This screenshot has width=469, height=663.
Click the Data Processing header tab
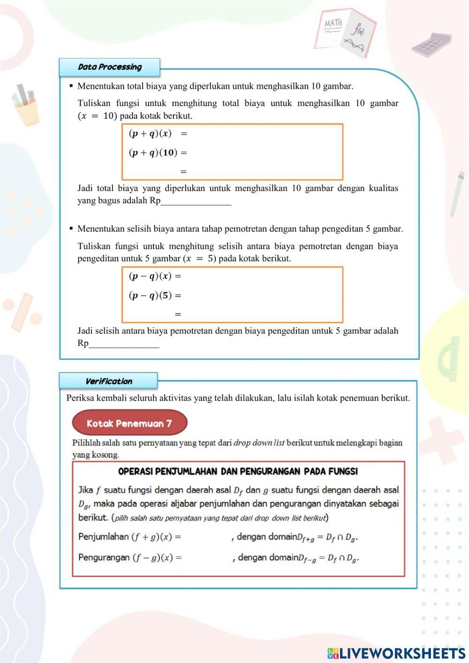[x=109, y=67]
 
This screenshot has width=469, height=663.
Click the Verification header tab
[x=108, y=381]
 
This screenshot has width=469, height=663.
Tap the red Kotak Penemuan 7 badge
[x=129, y=423]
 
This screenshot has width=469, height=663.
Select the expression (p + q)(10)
[x=153, y=152]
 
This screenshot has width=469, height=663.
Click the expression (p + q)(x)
[x=150, y=134]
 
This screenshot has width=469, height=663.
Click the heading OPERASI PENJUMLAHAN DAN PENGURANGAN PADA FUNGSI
[x=238, y=471]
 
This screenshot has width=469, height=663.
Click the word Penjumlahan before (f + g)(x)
[x=103, y=536]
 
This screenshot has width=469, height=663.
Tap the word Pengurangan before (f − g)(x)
[x=104, y=557]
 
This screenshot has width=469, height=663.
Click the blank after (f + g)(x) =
[x=206, y=537]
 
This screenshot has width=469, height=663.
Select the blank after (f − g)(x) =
[x=207, y=558]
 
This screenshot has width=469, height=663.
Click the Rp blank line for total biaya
[x=196, y=201]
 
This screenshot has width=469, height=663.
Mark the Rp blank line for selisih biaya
[x=124, y=344]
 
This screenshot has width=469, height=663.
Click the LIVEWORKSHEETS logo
[x=396, y=653]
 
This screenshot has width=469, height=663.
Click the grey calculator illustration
[x=431, y=45]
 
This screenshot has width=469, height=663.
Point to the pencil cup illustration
[x=26, y=106]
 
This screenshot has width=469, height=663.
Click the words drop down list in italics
[x=259, y=442]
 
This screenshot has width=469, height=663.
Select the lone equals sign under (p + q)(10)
[x=183, y=172]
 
